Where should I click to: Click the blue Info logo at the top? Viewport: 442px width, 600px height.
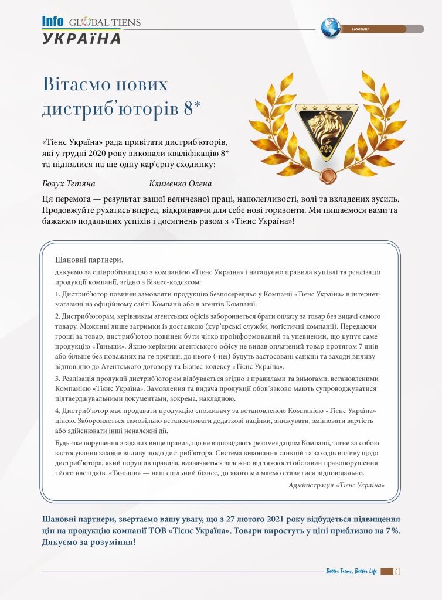[52, 22]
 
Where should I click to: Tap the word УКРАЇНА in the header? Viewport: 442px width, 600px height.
[81, 39]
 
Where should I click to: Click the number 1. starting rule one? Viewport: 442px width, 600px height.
[58, 294]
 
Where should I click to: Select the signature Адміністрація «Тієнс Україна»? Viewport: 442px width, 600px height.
[336, 485]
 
